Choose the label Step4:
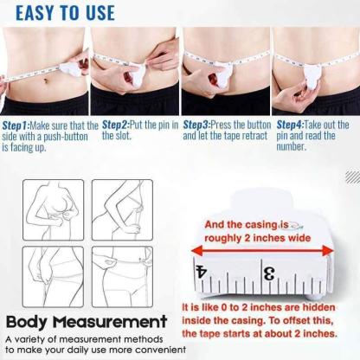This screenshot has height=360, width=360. (x=289, y=125)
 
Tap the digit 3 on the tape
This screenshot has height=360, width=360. (x=269, y=274)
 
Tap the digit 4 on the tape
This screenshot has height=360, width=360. (x=202, y=273)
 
